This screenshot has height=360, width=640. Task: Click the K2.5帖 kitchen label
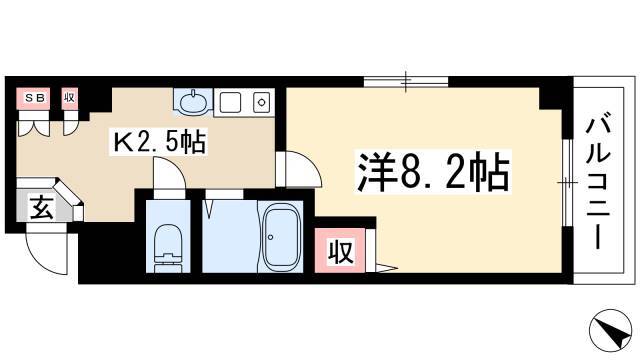(159, 142)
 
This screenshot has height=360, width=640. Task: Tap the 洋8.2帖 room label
(433, 172)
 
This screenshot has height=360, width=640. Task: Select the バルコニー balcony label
(598, 184)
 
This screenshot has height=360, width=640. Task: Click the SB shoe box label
(33, 98)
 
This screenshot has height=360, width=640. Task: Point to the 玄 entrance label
(41, 207)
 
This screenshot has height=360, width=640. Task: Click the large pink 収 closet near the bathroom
(340, 251)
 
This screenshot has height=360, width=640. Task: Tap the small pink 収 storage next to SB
(69, 98)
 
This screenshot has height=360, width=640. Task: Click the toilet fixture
(168, 247)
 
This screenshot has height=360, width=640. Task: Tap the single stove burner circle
(261, 102)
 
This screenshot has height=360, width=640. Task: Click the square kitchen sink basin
(230, 102)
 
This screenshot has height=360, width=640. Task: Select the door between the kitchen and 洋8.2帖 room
(298, 169)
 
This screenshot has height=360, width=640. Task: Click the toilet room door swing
(169, 173)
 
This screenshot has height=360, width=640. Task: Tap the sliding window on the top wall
(406, 82)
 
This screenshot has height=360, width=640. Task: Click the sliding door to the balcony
(567, 183)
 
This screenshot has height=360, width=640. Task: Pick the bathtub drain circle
(270, 237)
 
